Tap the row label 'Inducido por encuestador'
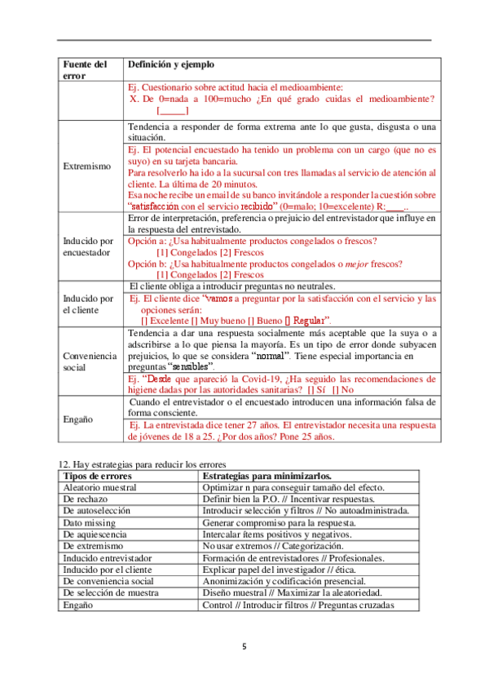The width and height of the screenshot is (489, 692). click(90, 247)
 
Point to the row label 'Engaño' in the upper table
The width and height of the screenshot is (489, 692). click(79, 419)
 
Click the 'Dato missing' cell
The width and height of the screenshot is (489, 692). click(89, 521)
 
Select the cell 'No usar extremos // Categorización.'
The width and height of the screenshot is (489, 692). click(273, 545)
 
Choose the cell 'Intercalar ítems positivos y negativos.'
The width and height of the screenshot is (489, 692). click(280, 534)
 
